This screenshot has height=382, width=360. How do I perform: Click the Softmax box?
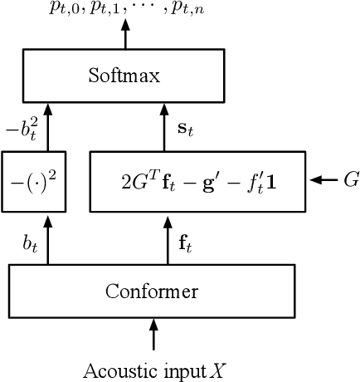[x=124, y=76]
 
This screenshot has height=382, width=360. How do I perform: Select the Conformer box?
[x=152, y=291]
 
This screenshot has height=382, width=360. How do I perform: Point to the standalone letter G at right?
[x=350, y=179]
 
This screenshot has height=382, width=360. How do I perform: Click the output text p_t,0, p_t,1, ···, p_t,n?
[x=125, y=11]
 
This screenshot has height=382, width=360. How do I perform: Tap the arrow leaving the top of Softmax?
[x=125, y=34]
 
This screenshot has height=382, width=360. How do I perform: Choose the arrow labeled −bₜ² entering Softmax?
[x=48, y=129]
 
